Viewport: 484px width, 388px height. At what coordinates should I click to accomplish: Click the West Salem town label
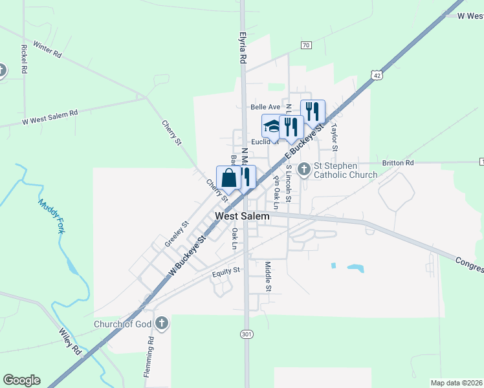point(242,216)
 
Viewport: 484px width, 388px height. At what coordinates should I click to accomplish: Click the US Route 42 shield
point(377,76)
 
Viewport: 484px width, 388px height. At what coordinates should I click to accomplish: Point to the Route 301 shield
point(245,334)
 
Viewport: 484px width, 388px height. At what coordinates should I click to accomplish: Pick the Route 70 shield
point(306,45)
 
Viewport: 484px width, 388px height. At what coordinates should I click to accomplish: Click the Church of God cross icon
point(162,322)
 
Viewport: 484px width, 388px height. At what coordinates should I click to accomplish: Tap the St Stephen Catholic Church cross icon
point(304,169)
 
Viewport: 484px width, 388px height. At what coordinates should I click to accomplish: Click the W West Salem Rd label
point(49,117)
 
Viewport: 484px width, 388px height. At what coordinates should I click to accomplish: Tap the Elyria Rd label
point(243,48)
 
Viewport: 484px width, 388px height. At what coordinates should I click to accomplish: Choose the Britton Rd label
point(397,163)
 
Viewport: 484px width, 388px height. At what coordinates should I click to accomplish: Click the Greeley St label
point(176,233)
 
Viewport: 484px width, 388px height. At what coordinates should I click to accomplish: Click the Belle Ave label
point(265,107)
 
